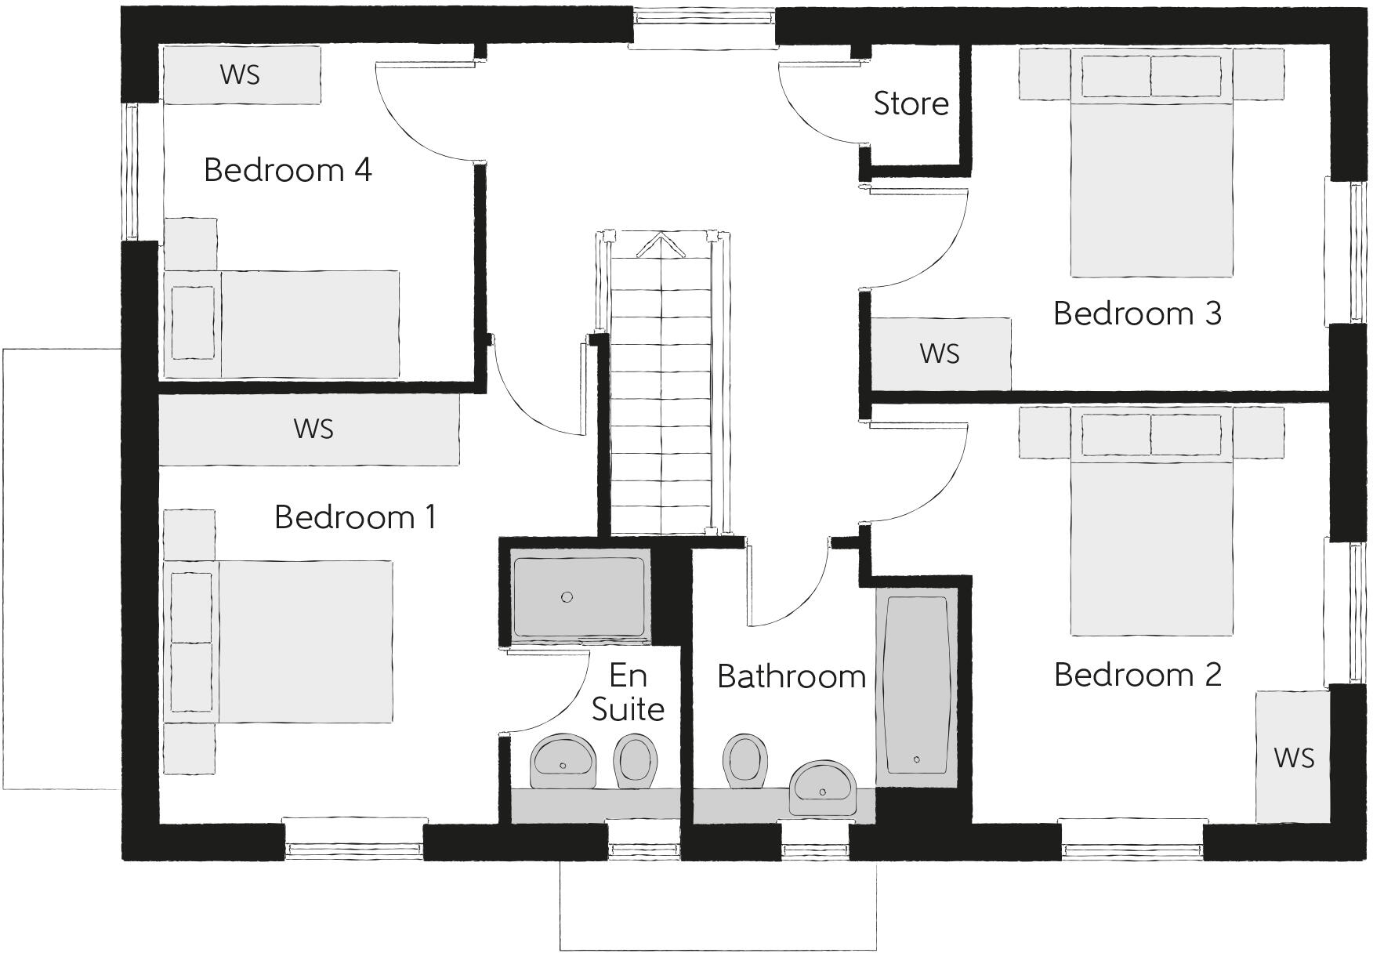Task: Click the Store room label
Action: point(911,103)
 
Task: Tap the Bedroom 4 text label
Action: point(288,169)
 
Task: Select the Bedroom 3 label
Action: point(1137,313)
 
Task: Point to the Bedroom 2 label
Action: point(1137,674)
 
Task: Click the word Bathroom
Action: point(792,676)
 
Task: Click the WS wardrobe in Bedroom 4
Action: point(241,74)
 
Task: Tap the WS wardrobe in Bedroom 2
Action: point(1293,757)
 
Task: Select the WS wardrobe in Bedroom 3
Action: point(940,353)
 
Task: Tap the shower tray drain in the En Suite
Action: point(567,596)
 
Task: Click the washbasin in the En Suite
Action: point(563,760)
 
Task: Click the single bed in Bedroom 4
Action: point(282,324)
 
